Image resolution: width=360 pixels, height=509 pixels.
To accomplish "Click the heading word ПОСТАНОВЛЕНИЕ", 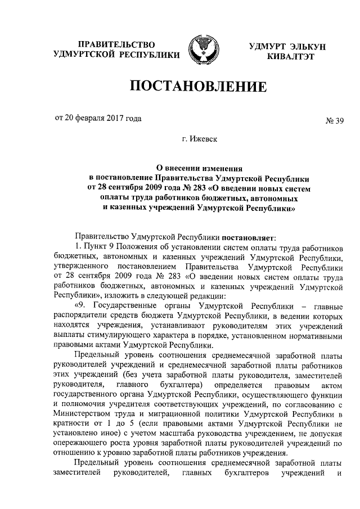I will (197, 87).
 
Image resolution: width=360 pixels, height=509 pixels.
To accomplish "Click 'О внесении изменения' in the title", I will (198, 167).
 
